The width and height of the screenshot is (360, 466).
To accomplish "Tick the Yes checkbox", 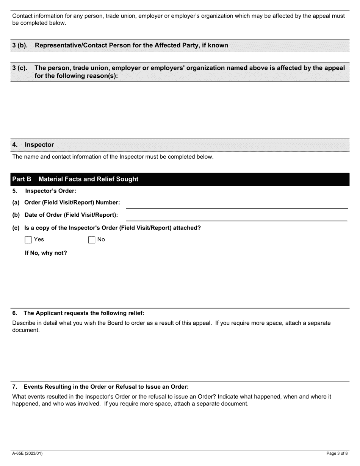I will [28, 240].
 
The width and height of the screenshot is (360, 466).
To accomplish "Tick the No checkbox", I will [91, 240].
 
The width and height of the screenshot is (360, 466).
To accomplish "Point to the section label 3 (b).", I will [20, 45].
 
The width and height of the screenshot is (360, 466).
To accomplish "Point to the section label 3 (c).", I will [20, 68].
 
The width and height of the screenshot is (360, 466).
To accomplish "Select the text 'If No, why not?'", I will [46, 253].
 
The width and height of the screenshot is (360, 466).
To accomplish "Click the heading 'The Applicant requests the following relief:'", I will [84, 313].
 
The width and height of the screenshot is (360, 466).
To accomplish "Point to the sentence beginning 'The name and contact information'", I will [113, 157].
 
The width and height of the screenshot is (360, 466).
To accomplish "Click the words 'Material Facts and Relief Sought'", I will [88, 179].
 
